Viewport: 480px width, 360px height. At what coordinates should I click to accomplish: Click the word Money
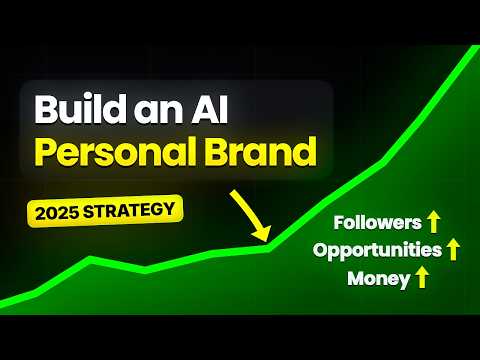coord(379,278)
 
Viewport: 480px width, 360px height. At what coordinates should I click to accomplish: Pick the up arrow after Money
coord(422,278)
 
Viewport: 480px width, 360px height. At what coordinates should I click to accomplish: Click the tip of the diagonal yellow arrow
coord(268,240)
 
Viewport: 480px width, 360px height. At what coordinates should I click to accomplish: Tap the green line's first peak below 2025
coord(90,258)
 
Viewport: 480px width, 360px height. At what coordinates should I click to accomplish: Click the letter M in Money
coord(357,278)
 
